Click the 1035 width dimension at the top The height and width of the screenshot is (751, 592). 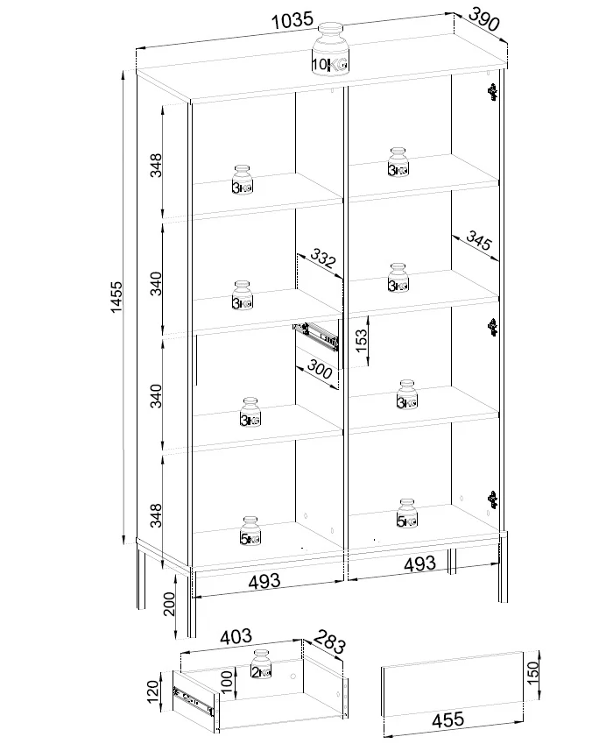pos(292,21)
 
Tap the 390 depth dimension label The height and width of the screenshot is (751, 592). pos(483,18)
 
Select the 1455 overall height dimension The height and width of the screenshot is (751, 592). pos(116,297)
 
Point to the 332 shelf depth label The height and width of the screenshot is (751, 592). pos(323,258)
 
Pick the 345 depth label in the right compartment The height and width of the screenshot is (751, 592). pos(478,240)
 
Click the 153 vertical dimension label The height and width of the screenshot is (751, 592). pos(362,340)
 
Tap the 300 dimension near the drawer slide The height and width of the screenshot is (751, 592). pos(320,369)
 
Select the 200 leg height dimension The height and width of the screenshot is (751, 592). pos(169,605)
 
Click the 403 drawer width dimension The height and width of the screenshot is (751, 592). pos(236,636)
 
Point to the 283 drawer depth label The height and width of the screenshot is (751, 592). pos(330,641)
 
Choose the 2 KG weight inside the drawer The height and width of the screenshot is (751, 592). pos(261,664)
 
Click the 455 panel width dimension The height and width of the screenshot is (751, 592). pos(448,719)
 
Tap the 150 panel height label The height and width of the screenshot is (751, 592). pos(532,673)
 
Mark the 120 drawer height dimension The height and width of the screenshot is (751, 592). pos(152,691)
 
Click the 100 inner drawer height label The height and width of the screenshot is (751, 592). pos(227,682)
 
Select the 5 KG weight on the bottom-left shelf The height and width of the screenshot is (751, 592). pos(250,531)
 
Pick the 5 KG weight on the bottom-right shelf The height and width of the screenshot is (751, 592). pos(407,514)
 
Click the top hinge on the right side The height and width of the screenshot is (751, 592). pos(492,92)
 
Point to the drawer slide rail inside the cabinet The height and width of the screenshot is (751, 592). pos(316,335)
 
